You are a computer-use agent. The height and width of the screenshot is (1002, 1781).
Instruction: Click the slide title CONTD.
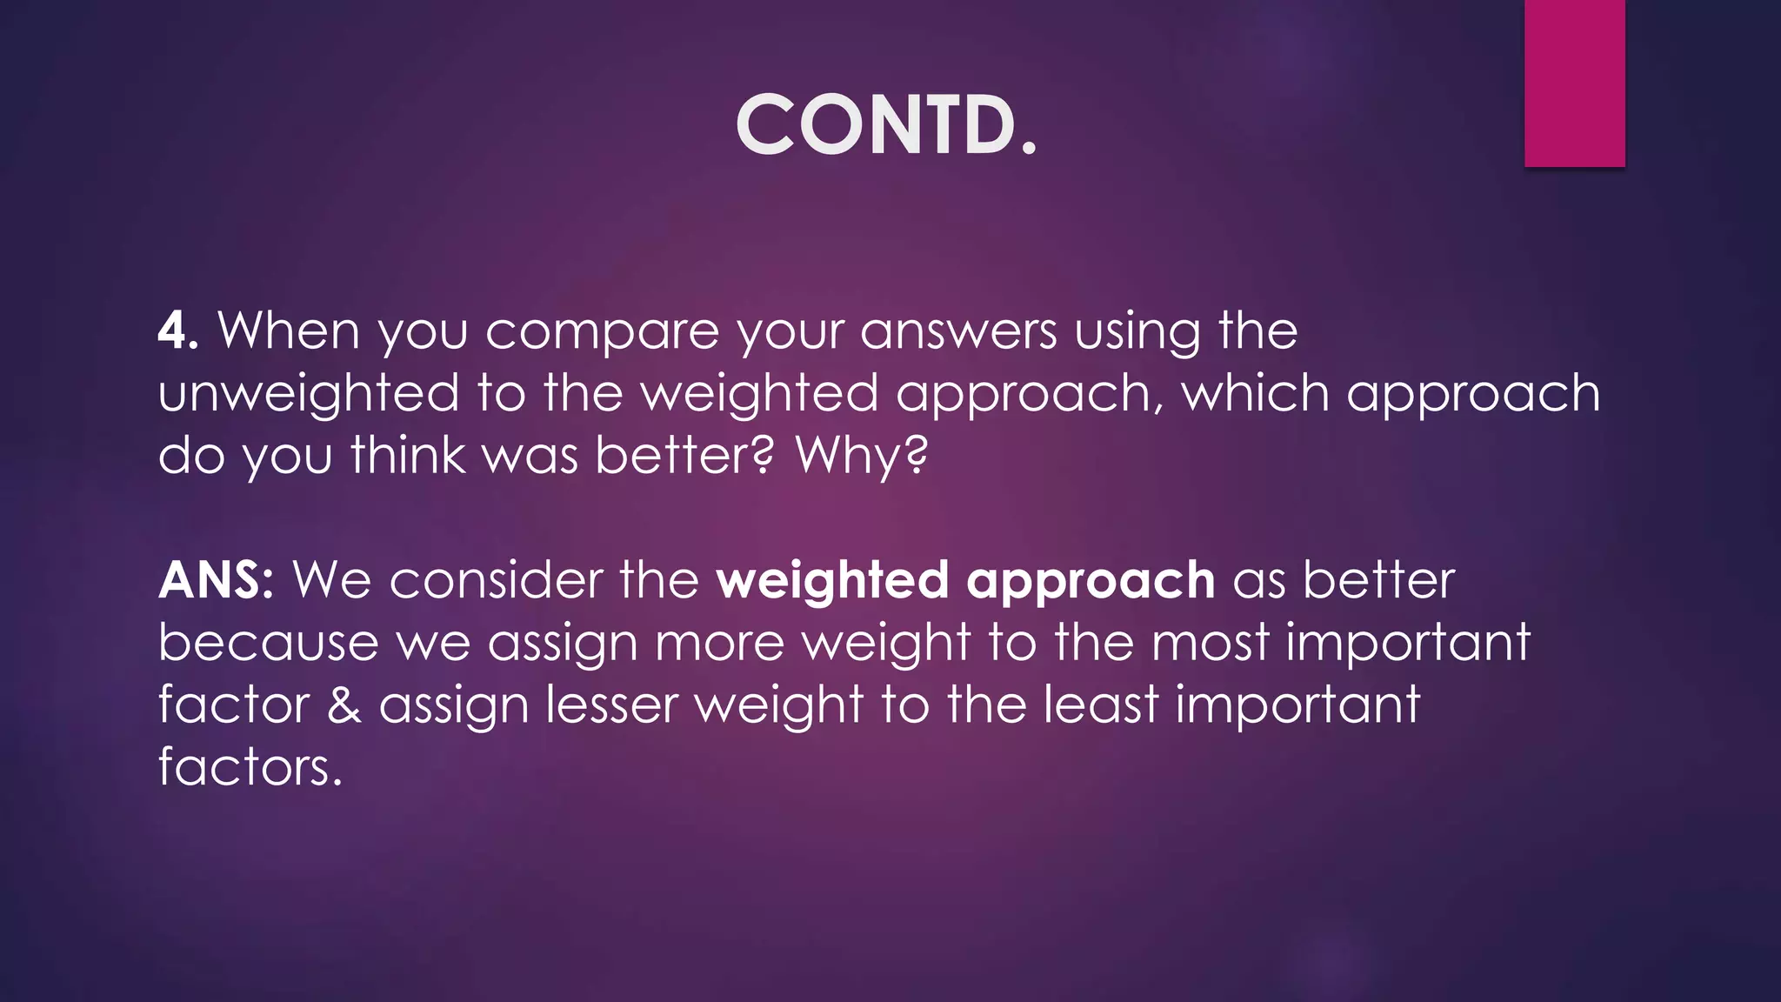click(886, 125)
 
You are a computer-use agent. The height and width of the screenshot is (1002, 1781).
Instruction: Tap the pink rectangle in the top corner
click(1574, 83)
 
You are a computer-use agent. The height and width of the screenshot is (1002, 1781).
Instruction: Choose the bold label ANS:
click(217, 580)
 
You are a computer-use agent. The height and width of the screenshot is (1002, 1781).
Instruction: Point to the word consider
click(496, 580)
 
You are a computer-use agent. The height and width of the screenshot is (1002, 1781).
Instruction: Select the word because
click(269, 643)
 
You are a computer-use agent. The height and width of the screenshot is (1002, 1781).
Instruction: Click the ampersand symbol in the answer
click(344, 705)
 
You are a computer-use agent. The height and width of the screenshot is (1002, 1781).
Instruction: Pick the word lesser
click(611, 705)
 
